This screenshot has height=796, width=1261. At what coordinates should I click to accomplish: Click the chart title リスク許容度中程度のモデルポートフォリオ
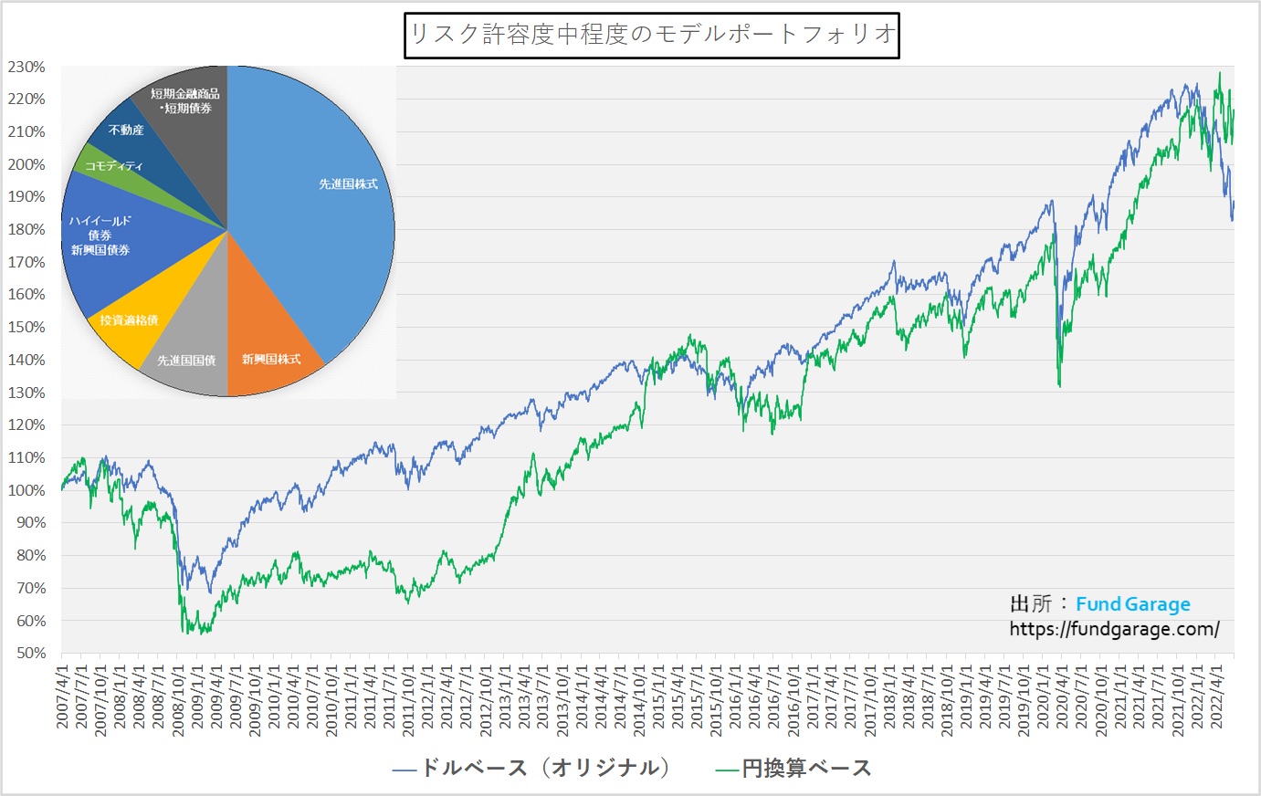tap(652, 35)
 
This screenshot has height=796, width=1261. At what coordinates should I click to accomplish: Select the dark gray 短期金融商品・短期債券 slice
tap(187, 100)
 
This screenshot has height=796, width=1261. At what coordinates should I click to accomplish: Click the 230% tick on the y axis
tap(26, 67)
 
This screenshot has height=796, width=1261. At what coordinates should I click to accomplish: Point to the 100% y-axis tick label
tap(26, 490)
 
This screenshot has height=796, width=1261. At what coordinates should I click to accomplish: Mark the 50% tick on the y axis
tap(30, 654)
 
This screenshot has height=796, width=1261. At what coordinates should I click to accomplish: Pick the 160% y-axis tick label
tap(26, 295)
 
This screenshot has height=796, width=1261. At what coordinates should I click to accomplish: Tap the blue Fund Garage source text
tap(1132, 604)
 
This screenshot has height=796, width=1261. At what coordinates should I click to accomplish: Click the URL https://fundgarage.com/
tap(1114, 629)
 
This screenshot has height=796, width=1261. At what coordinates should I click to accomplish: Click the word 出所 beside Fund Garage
tap(1030, 604)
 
